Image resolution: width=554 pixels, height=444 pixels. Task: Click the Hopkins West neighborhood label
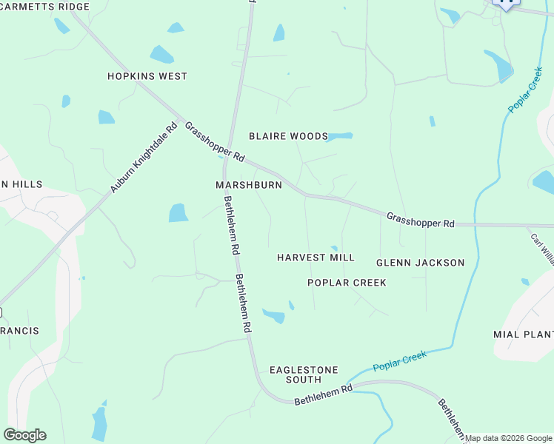tap(147, 76)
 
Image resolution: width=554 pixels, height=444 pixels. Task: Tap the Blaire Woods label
tap(288, 136)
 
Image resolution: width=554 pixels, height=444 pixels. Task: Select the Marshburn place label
tap(249, 185)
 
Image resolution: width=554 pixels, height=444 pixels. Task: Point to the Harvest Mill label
tap(316, 258)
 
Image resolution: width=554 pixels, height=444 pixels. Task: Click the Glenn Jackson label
tap(420, 263)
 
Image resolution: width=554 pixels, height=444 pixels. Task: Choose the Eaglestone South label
tap(304, 374)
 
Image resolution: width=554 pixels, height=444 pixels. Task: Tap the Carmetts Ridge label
tap(45, 7)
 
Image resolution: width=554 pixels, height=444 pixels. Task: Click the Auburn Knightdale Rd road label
tap(144, 158)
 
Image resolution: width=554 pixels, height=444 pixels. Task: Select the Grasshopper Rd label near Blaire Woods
tap(215, 142)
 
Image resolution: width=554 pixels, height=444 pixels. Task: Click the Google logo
tap(24, 435)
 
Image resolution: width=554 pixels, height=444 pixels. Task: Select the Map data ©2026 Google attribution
tap(509, 438)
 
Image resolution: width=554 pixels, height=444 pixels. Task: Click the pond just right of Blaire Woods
tap(341, 136)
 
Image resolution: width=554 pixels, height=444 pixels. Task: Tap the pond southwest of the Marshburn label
tap(178, 213)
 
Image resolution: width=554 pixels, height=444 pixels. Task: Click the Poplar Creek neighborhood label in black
tap(347, 283)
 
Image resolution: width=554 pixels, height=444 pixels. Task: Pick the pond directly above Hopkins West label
tap(161, 55)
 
